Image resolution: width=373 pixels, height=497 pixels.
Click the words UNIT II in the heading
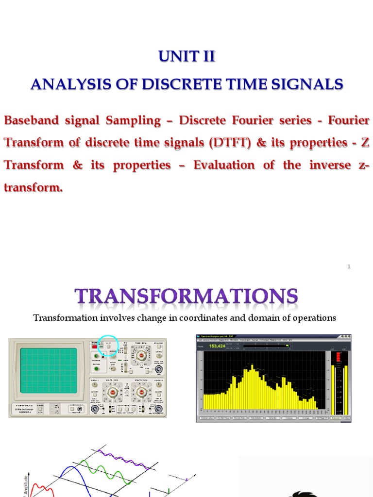pyautogui.click(x=186, y=57)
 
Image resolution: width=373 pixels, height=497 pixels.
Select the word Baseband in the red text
pyautogui.click(x=34, y=120)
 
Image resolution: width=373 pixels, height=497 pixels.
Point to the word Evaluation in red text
pyautogui.click(x=224, y=165)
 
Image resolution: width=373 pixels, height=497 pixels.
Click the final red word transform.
pyautogui.click(x=33, y=187)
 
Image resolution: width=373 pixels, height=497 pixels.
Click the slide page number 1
pyautogui.click(x=349, y=266)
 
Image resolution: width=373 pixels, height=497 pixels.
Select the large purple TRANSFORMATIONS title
pyautogui.click(x=186, y=296)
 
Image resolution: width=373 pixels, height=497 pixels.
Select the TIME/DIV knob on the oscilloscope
pyautogui.click(x=142, y=355)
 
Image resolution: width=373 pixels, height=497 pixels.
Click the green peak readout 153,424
pyautogui.click(x=217, y=346)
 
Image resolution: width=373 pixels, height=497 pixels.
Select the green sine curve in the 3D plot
pyautogui.click(x=104, y=468)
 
